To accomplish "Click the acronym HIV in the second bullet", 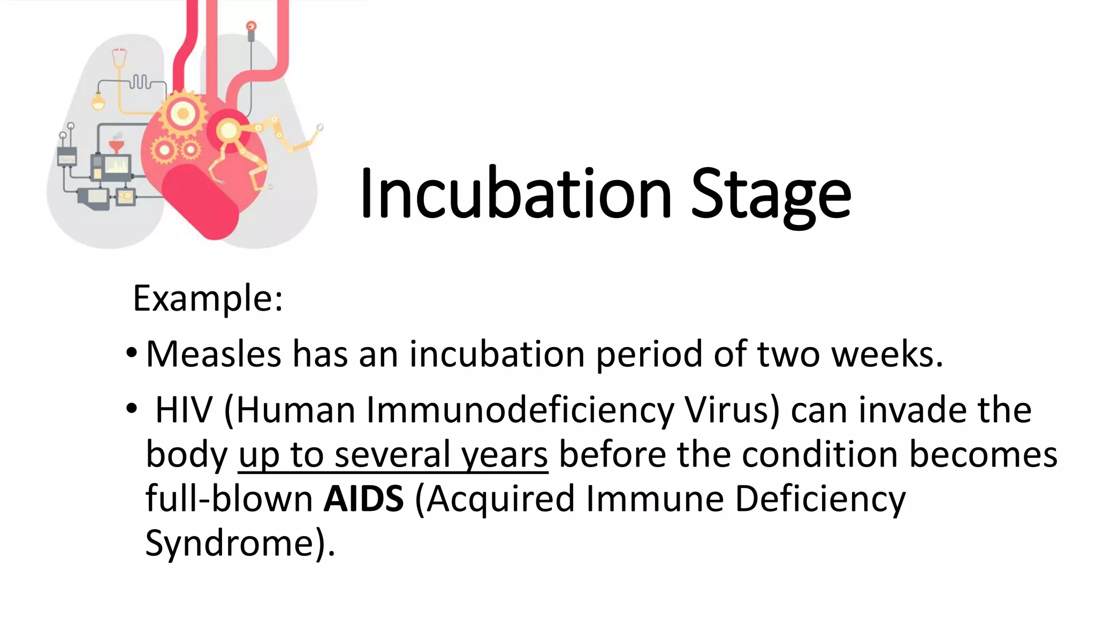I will pyautogui.click(x=184, y=410).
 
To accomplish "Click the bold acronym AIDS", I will pyautogui.click(x=363, y=499).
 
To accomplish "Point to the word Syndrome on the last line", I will pyautogui.click(x=233, y=543).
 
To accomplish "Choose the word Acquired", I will pyautogui.click(x=500, y=499).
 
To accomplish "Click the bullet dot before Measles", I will pyautogui.click(x=132, y=353).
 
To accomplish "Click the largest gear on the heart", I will pyautogui.click(x=183, y=113).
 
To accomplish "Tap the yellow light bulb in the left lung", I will pyautogui.click(x=98, y=101).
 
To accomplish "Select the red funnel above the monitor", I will pyautogui.click(x=116, y=146).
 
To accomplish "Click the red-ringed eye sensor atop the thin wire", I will pyautogui.click(x=251, y=26).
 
